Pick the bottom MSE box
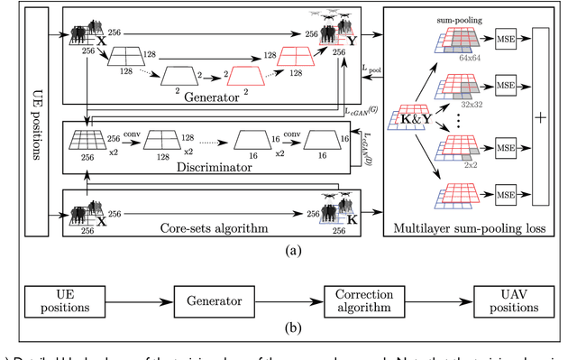[504, 194]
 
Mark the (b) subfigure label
[287, 339]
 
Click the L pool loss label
[366, 69]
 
